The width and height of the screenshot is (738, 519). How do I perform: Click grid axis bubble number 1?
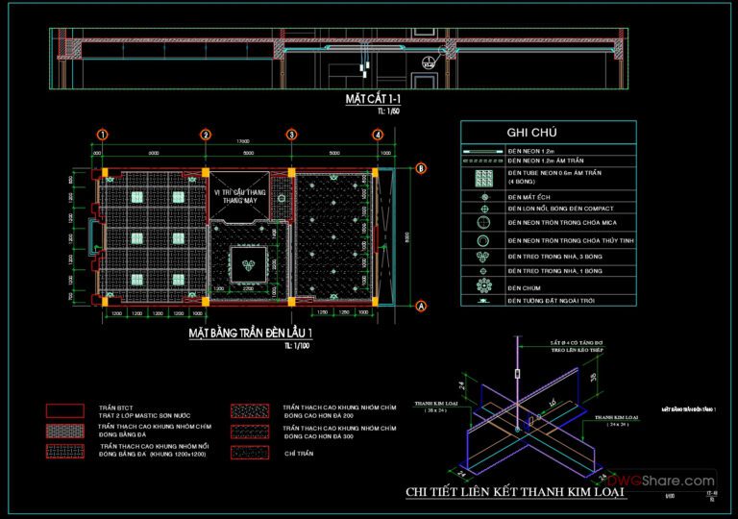pos(102,135)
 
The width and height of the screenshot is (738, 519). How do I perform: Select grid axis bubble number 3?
pos(291,135)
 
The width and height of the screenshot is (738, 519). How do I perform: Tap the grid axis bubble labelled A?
pos(420,306)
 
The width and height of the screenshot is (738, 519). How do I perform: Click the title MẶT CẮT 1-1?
pos(373,100)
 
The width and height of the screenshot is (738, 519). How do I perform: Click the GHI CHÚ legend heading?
pos(527,133)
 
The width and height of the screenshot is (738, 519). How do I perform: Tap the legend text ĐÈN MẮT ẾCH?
pos(533,195)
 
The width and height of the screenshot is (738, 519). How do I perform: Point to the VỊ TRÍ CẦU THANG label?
pos(244,193)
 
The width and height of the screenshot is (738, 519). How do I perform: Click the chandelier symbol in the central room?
pos(247,264)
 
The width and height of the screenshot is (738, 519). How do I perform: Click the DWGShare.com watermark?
pos(662,481)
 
